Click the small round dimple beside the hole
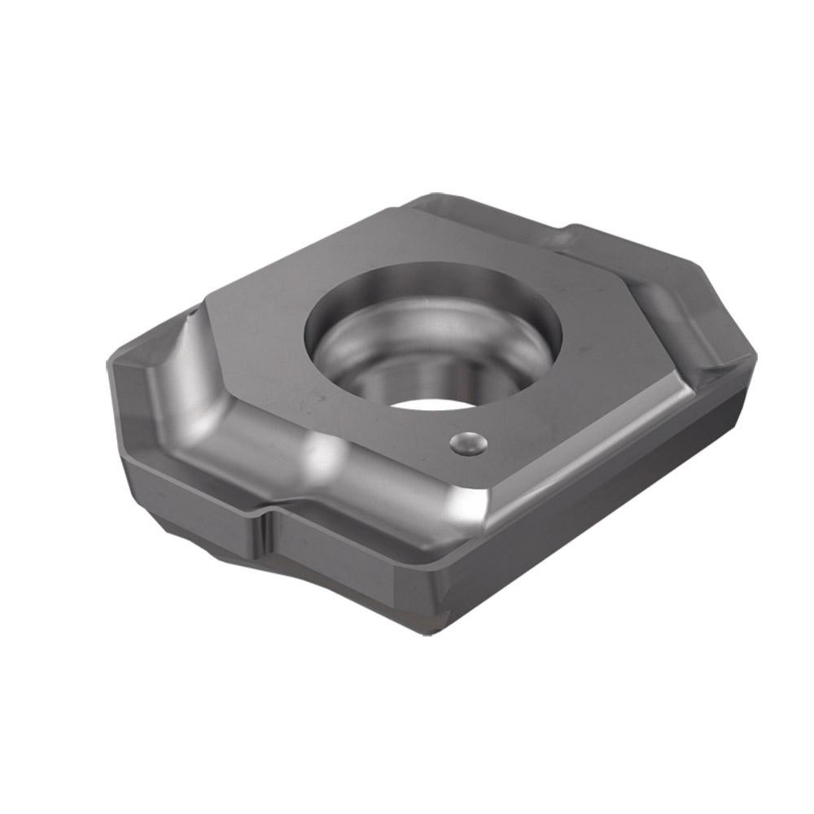coord(469,443)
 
